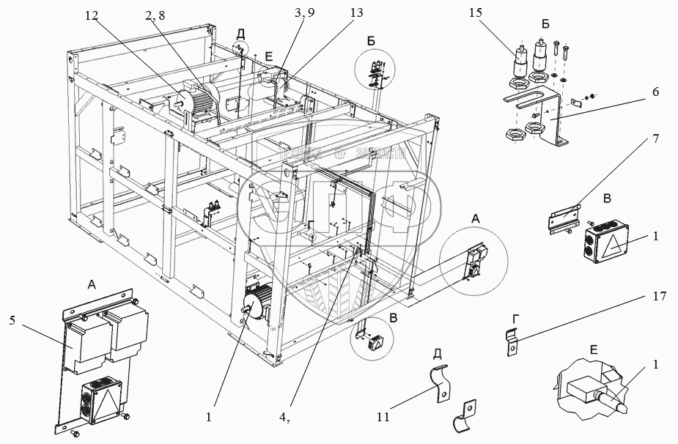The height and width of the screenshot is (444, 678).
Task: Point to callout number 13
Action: click(x=336, y=12)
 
